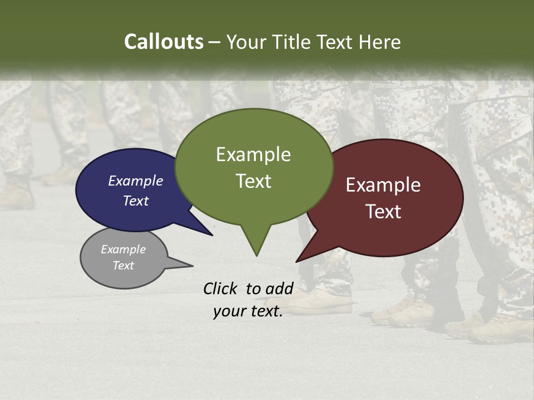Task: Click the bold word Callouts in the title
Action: tap(164, 42)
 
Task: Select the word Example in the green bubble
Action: tap(253, 154)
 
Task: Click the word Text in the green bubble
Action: tap(253, 181)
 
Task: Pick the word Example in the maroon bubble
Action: tap(383, 185)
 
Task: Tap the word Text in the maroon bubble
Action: tap(383, 212)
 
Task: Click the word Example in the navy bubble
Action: tap(136, 181)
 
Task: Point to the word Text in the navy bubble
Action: tap(136, 201)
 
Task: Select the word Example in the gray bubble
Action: tap(123, 249)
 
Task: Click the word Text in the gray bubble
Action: tap(123, 266)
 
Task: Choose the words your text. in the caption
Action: tap(248, 312)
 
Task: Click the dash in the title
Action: tap(215, 42)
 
